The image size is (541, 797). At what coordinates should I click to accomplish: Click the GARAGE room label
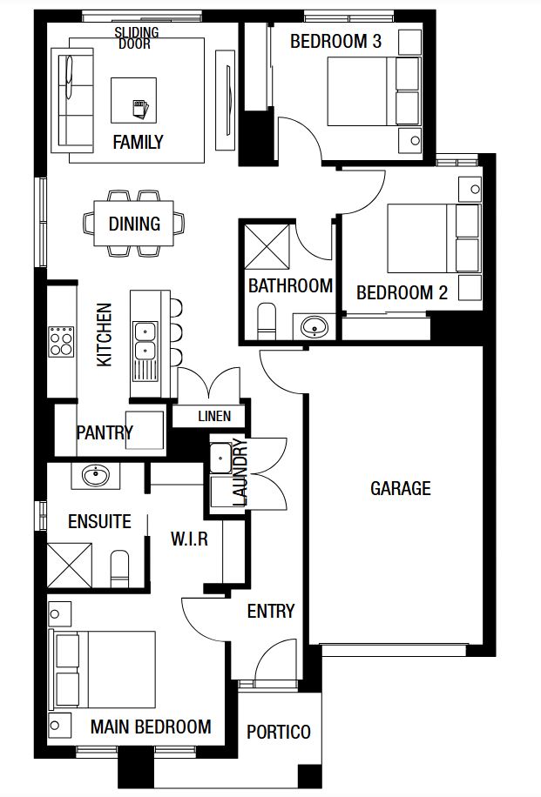[401, 488]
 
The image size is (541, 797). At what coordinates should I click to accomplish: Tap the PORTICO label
[279, 732]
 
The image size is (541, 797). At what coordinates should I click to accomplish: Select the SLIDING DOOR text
[137, 38]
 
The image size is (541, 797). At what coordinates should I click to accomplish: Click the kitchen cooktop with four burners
[61, 341]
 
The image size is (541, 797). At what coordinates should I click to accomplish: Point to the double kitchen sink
[145, 340]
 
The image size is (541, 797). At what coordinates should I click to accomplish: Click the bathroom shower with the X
[267, 246]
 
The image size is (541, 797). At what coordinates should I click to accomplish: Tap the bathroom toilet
[267, 321]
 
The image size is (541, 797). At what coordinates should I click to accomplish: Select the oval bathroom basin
[314, 326]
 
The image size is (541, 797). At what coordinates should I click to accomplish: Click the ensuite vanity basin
[95, 476]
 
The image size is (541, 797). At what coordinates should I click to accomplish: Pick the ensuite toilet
[119, 568]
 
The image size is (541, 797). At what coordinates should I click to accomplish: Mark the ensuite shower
[70, 566]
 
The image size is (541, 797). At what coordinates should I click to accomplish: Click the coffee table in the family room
[134, 100]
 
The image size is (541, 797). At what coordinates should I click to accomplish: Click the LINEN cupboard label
[214, 416]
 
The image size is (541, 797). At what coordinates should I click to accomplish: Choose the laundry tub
[221, 459]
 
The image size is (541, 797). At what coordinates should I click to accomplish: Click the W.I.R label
[189, 539]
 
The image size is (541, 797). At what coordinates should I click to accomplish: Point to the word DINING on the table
[134, 224]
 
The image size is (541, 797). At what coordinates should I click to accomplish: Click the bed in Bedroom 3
[373, 91]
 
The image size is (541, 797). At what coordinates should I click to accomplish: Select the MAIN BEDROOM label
[151, 727]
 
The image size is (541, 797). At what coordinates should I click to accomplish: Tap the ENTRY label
[271, 611]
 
